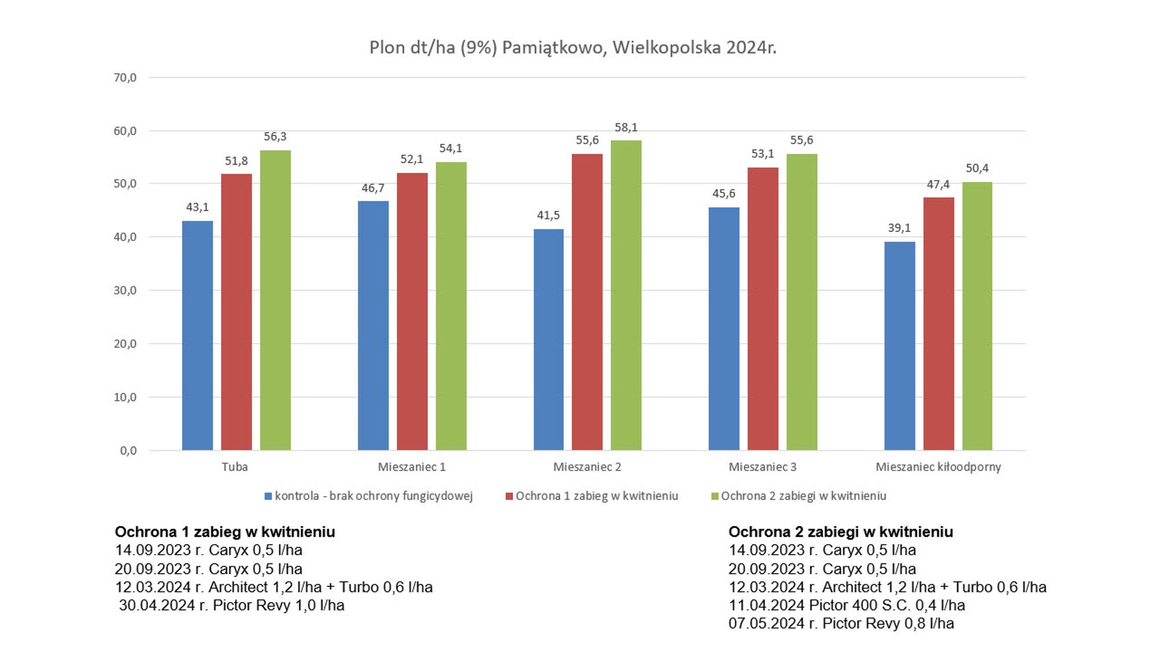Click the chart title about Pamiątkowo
pos(572,48)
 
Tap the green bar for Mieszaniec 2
pos(626,295)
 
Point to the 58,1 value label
pos(626,128)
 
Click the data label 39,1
pos(899,228)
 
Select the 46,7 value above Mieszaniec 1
pos(372,188)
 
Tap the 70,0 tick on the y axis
pos(125,78)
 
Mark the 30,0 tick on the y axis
pos(125,290)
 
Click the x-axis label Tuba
pos(234,467)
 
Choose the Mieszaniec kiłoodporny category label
pos(938,467)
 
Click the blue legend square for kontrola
pos(268,496)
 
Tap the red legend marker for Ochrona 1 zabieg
pos(509,496)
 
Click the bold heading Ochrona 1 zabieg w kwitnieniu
pos(224,531)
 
